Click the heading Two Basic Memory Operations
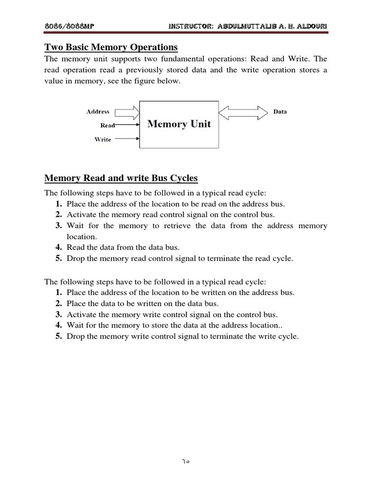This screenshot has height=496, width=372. (111, 47)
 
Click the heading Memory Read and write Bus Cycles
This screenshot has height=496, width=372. (121, 178)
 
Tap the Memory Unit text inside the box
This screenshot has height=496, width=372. (179, 124)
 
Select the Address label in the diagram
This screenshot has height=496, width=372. (98, 111)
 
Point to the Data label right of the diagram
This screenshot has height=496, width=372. (280, 111)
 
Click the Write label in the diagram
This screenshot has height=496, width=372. (103, 139)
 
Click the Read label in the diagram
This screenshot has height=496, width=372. (107, 125)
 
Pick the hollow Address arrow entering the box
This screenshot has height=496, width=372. (126, 112)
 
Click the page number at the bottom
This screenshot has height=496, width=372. (186, 461)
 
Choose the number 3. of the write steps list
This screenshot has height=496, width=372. (58, 314)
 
